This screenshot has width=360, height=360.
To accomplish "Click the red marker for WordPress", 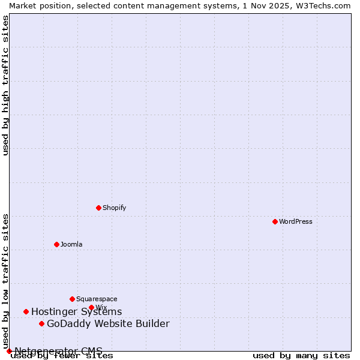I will [x=275, y=221].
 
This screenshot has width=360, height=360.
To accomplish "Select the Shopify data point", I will [x=98, y=208].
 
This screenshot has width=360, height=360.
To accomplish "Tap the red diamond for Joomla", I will [x=56, y=244].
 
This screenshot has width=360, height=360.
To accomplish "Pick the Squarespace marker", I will [x=72, y=299].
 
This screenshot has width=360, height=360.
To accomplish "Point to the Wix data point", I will [x=91, y=307].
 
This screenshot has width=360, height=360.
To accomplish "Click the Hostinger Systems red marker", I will [x=26, y=311].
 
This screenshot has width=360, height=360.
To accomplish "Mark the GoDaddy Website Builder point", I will [x=41, y=324].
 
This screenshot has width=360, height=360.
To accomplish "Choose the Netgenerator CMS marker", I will [x=9, y=351].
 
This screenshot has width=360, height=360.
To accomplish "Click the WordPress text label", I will [x=296, y=221].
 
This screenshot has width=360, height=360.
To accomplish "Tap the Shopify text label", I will [x=114, y=208].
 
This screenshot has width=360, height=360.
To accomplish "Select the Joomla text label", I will [x=71, y=244].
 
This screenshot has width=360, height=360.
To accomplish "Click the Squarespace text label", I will [x=97, y=299].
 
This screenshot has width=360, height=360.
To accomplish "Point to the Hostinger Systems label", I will [x=76, y=311].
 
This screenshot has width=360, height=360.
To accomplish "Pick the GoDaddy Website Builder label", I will [x=108, y=324].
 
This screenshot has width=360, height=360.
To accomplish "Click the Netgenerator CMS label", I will [x=58, y=350].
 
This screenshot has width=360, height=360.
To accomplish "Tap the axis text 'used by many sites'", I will [x=301, y=356].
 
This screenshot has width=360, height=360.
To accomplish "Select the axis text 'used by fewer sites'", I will [x=62, y=356].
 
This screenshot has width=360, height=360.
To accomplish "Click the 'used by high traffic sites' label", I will [x=5, y=85].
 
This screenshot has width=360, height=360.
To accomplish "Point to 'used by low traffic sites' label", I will [x=5, y=281].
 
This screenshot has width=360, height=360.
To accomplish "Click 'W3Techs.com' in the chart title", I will [x=326, y=5].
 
